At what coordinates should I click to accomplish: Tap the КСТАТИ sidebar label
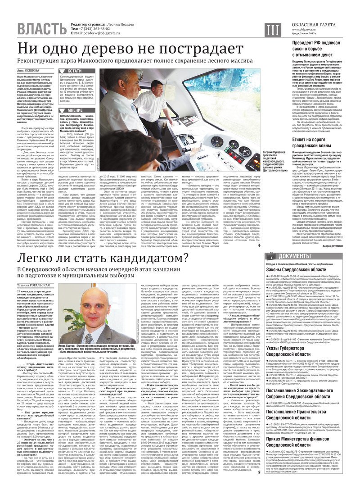pyautogui.click(x=74, y=71)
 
